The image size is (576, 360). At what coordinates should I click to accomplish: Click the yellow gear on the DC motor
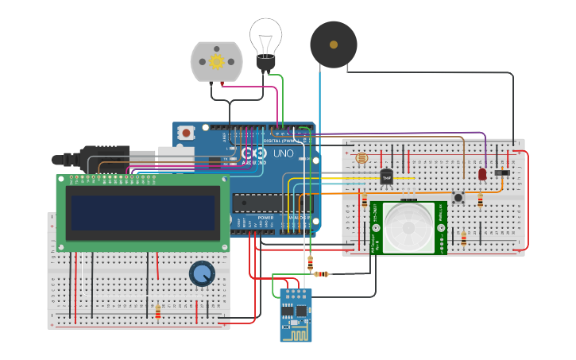216,61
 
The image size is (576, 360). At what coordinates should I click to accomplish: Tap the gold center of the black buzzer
334,45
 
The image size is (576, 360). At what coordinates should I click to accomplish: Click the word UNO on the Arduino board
284,153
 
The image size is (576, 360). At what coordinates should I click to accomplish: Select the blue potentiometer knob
202,274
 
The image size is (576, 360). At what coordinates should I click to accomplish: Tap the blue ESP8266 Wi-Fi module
296,315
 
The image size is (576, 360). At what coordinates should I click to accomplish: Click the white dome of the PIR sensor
409,229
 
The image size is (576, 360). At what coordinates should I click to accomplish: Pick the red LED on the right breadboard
482,174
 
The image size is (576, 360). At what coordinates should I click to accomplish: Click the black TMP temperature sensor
387,177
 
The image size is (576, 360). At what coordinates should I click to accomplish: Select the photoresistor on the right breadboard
362,158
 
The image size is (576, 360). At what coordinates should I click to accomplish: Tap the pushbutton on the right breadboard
458,196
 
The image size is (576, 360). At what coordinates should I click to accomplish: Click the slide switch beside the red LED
502,172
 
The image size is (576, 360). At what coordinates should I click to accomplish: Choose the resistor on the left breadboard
157,312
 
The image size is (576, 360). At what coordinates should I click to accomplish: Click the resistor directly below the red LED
480,201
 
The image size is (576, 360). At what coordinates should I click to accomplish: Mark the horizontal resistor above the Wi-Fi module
321,274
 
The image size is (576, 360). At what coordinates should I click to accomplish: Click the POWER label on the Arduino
265,217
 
